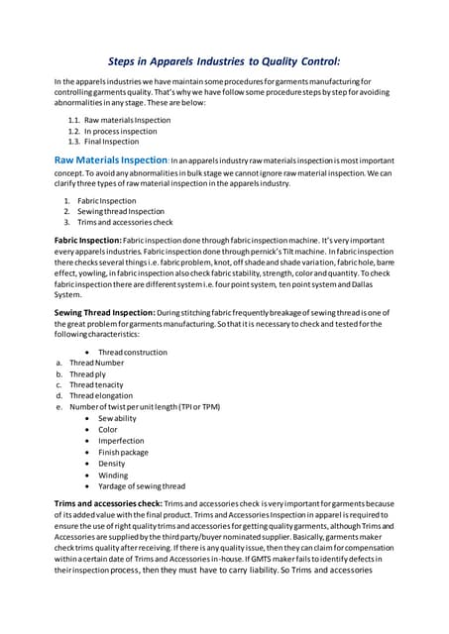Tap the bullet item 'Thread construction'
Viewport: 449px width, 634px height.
133,353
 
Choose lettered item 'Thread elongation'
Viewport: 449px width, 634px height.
102,396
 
